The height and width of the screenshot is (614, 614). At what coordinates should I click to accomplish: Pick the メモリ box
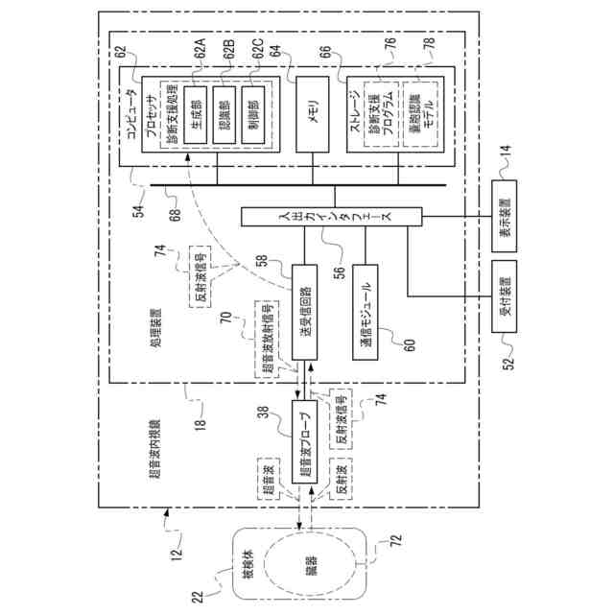(311, 113)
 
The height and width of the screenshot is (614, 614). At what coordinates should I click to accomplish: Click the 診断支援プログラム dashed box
(382, 113)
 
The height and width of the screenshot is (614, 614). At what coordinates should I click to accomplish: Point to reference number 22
(198, 598)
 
